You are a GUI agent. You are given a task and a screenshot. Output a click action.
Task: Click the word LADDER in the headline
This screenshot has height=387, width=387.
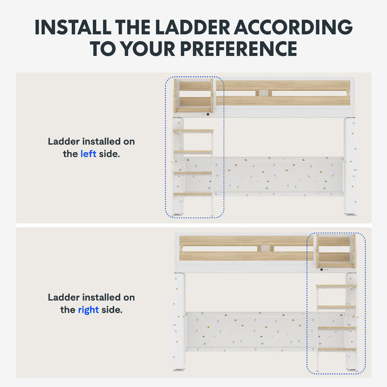[x=192, y=27]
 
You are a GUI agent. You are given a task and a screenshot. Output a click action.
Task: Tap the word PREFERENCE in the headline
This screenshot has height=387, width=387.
[x=239, y=49]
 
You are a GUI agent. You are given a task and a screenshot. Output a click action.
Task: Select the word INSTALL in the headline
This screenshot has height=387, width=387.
[x=73, y=27]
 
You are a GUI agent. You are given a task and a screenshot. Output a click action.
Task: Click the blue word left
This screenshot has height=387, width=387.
[x=88, y=154]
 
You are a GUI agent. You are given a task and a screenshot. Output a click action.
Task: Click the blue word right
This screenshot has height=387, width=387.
[x=88, y=310]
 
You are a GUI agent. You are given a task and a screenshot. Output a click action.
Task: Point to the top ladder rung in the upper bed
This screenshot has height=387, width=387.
[x=193, y=130]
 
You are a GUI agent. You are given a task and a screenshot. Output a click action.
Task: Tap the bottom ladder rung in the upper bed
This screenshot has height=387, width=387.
[x=193, y=194]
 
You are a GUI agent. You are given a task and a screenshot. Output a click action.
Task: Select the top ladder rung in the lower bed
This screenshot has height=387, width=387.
[x=336, y=286]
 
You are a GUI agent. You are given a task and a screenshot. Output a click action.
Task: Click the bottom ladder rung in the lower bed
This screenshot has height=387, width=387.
[x=337, y=349]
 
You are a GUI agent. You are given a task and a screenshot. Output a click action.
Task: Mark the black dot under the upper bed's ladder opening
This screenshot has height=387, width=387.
[x=208, y=114]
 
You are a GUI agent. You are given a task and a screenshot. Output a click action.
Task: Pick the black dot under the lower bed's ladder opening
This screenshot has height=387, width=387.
[x=322, y=270]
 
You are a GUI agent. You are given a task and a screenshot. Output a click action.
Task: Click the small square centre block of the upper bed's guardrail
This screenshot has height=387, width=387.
[x=264, y=93]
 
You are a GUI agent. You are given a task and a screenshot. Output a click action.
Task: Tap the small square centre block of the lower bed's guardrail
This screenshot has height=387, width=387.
[x=265, y=248]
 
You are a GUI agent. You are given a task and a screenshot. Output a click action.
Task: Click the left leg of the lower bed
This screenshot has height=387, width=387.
[x=179, y=322]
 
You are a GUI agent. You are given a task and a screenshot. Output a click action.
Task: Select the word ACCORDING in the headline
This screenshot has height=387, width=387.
[x=294, y=27]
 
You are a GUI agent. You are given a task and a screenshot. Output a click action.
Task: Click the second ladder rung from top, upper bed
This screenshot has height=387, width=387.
[x=193, y=152]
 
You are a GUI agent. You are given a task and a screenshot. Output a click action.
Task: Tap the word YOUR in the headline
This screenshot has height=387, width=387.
[x=149, y=49]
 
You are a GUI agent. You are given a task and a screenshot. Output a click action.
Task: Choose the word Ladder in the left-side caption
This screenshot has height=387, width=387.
[x=64, y=142]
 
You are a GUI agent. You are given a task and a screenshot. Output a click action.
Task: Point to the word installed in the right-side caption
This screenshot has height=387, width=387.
[x=101, y=297]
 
